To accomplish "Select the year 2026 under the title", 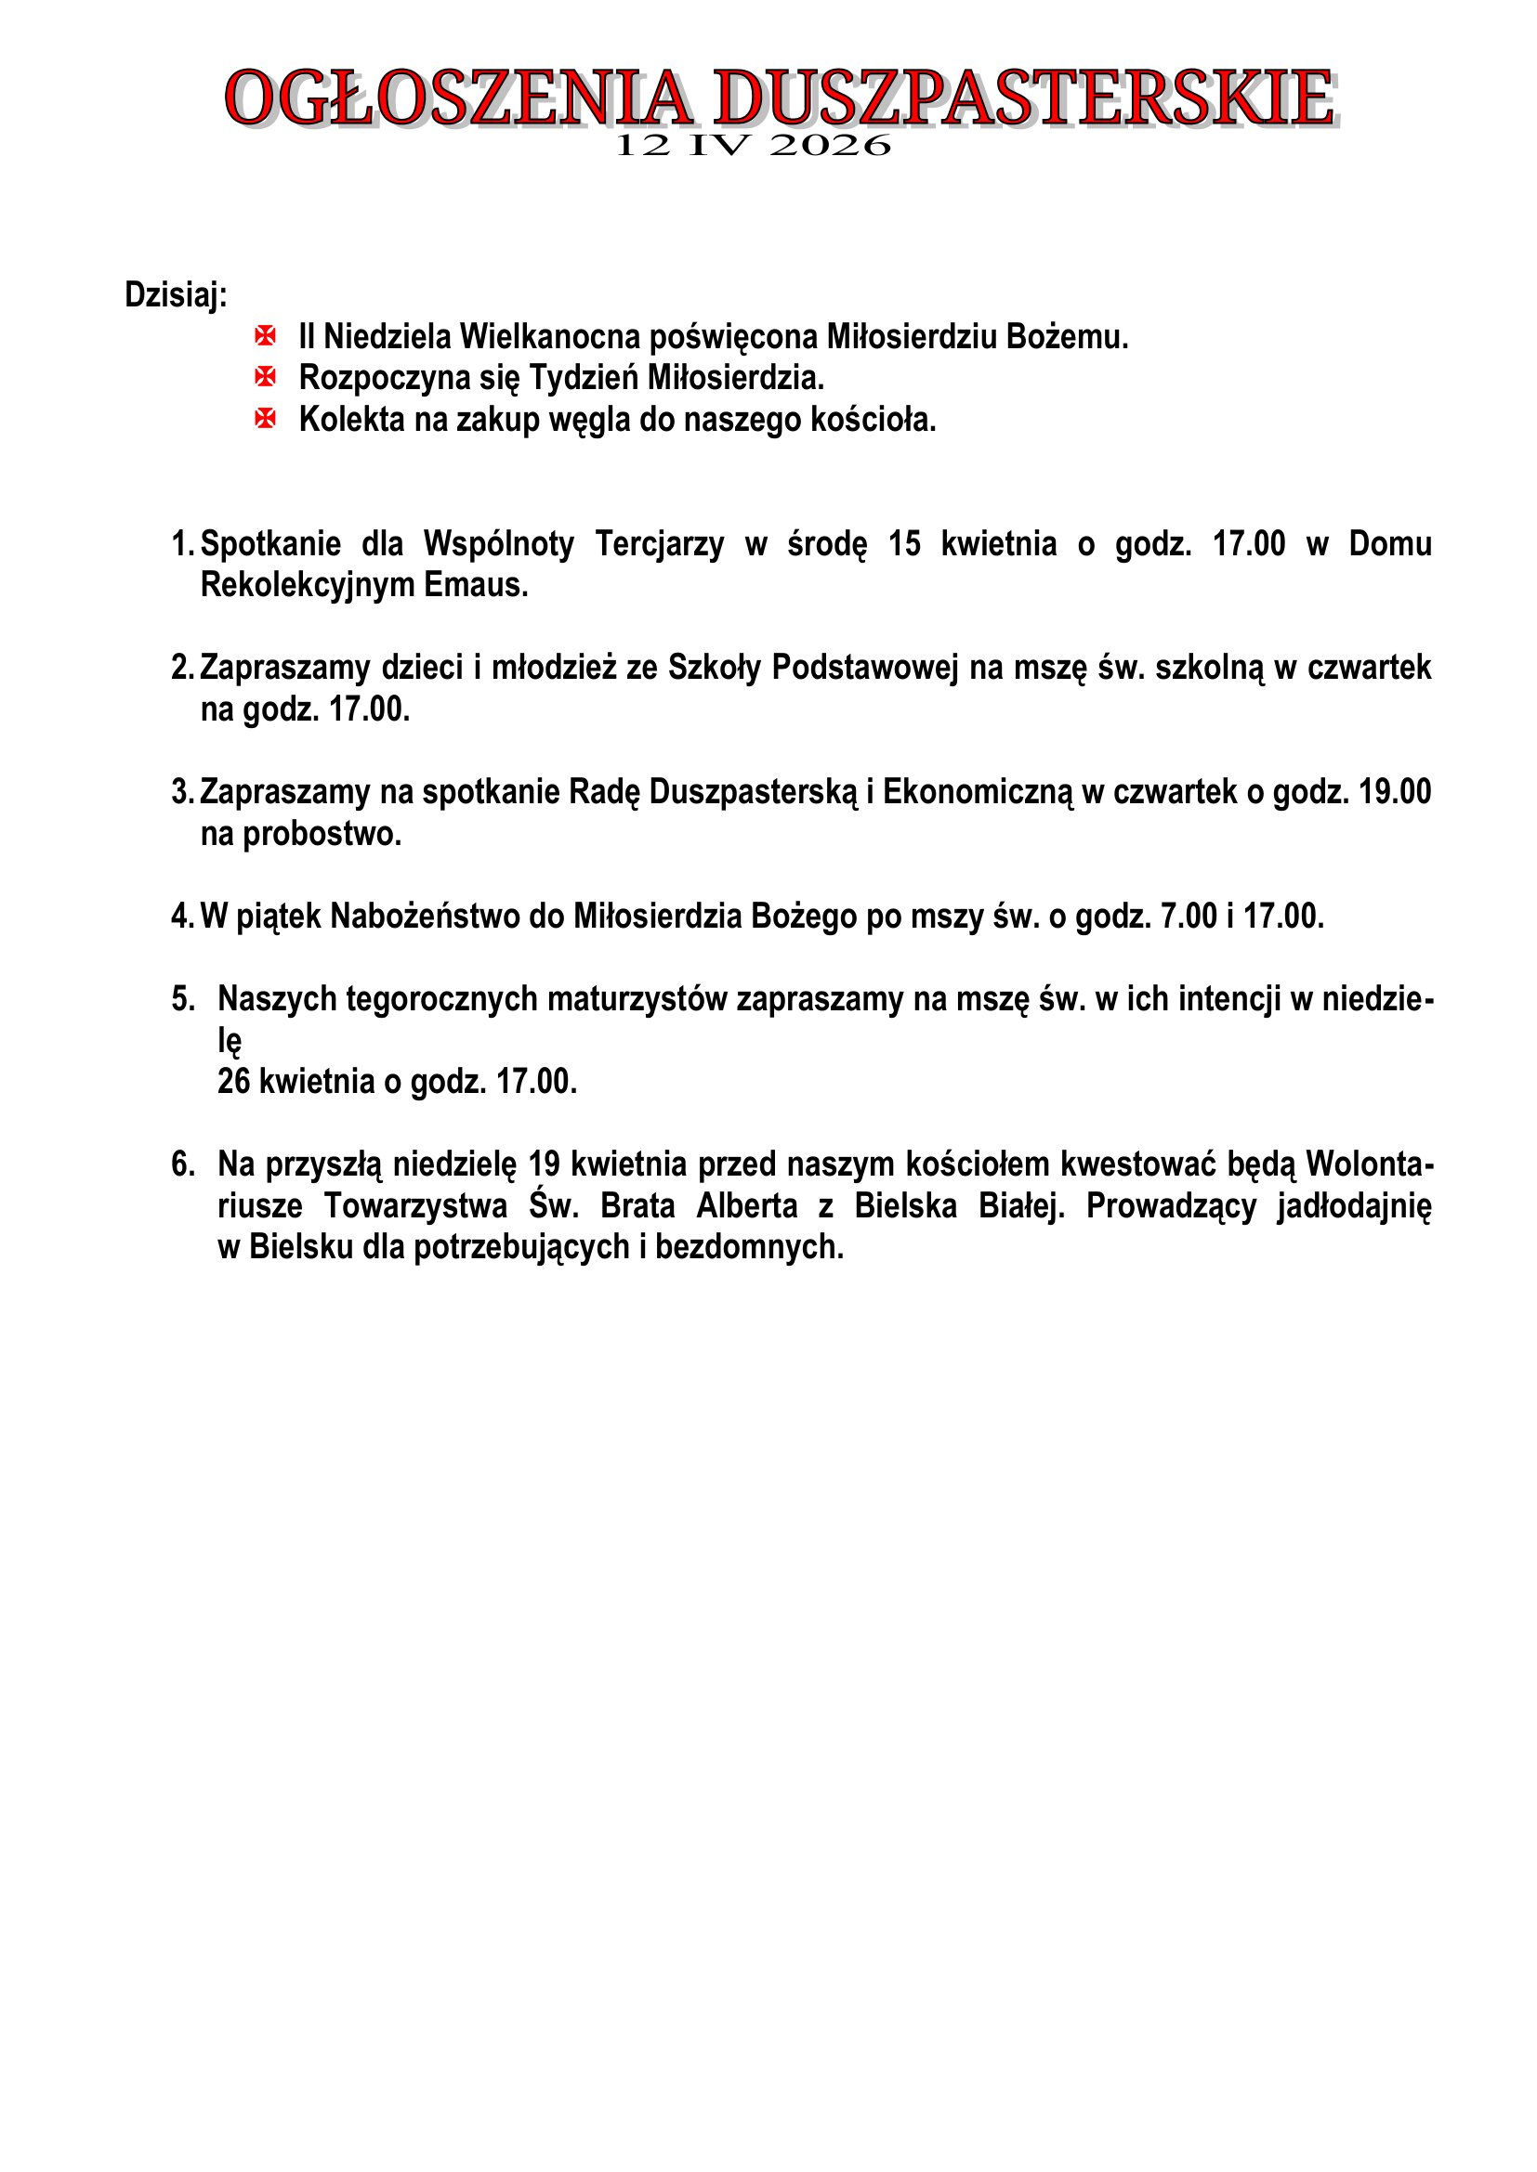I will (830, 146).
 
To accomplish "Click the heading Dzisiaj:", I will (176, 295).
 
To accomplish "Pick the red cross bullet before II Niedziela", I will (266, 336).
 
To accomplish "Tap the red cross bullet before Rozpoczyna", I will (266, 377).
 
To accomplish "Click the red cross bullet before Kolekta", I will (266, 418).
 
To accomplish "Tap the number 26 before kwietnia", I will (234, 1081).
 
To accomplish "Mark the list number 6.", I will (182, 1164).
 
